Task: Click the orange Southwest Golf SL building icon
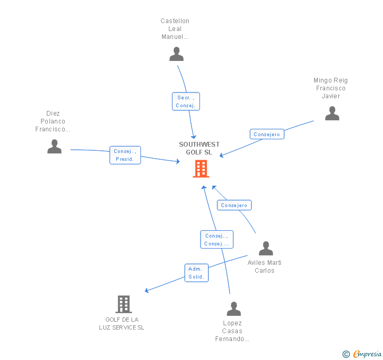[201, 169]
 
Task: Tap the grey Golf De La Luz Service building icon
[123, 304]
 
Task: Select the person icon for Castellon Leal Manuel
[176, 54]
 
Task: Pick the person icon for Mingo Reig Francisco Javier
[332, 113]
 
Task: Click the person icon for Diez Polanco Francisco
[54, 146]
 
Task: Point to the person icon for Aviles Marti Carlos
[266, 248]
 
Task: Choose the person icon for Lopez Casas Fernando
[234, 308]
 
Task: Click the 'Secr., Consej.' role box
[186, 101]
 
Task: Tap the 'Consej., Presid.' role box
[125, 155]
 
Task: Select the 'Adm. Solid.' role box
[196, 273]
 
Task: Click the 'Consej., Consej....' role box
[216, 240]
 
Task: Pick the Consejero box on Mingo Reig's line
[267, 135]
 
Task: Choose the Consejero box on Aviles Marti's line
[234, 205]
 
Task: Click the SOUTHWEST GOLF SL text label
[199, 148]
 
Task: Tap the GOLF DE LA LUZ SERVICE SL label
[122, 324]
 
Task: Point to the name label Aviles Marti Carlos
[265, 266]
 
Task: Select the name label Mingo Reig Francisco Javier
[331, 88]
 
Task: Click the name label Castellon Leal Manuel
[175, 29]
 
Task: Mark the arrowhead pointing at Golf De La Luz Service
[147, 291]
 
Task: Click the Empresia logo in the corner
[362, 354]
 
